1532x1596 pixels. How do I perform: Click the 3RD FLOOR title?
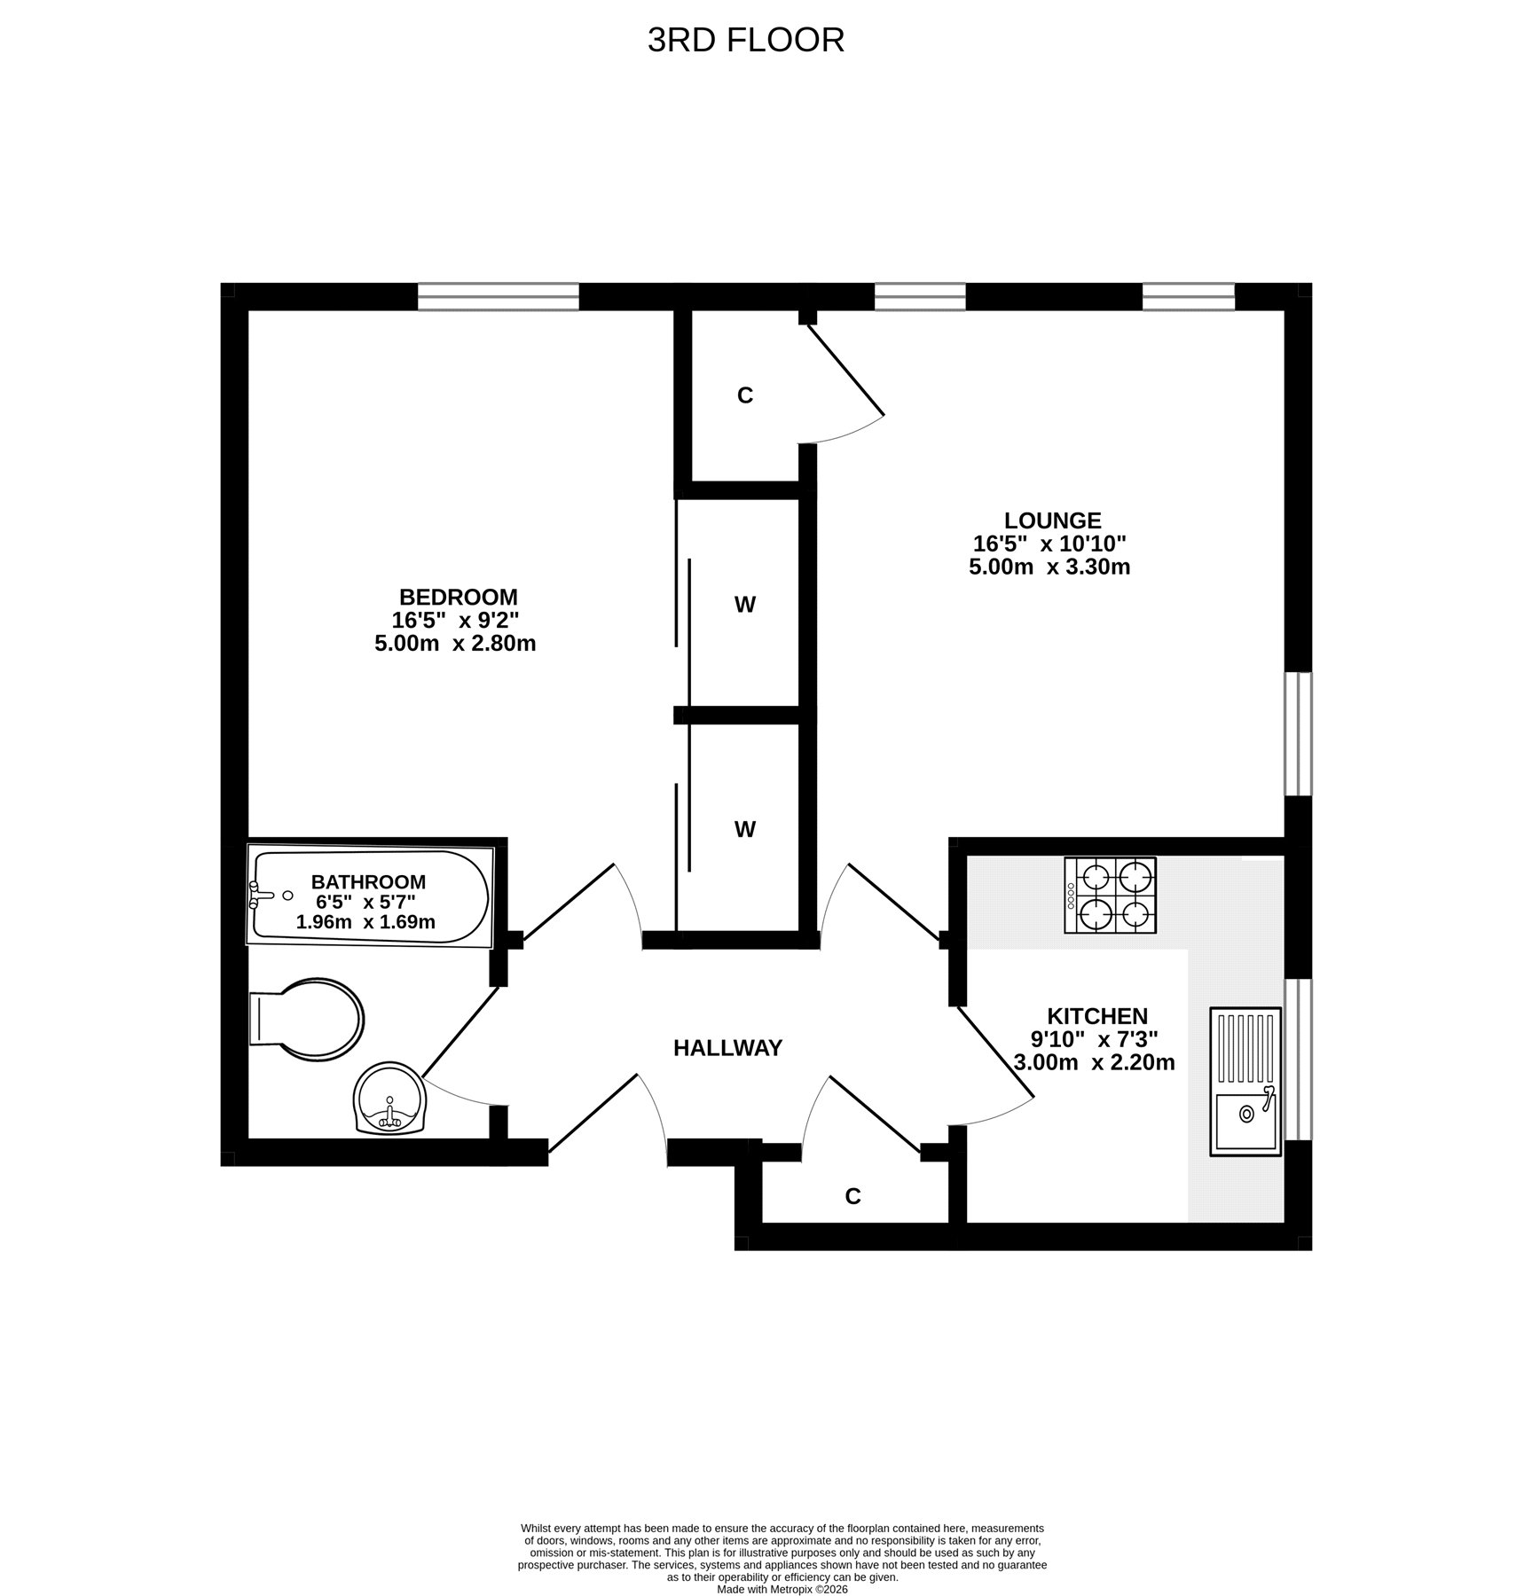[745, 40]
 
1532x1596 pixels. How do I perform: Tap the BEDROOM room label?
[458, 597]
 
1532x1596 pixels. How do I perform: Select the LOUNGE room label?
[1053, 520]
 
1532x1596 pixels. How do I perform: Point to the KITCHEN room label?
[1097, 1016]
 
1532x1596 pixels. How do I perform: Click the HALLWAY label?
[727, 1048]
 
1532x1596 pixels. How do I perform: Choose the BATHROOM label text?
[368, 882]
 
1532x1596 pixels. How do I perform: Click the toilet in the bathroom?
[306, 1019]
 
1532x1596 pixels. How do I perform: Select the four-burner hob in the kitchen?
[1111, 895]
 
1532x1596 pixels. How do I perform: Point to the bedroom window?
[499, 296]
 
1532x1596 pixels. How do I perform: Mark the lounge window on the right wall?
[1299, 734]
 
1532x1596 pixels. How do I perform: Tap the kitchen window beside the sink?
[1299, 1060]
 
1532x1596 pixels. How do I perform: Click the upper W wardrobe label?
[745, 605]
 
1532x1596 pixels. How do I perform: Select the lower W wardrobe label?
[745, 830]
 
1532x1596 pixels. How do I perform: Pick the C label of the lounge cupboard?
[745, 395]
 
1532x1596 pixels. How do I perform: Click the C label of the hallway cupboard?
[853, 1197]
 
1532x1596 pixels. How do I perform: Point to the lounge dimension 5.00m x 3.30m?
[1049, 567]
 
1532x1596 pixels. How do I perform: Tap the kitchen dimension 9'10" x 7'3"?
[1095, 1038]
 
